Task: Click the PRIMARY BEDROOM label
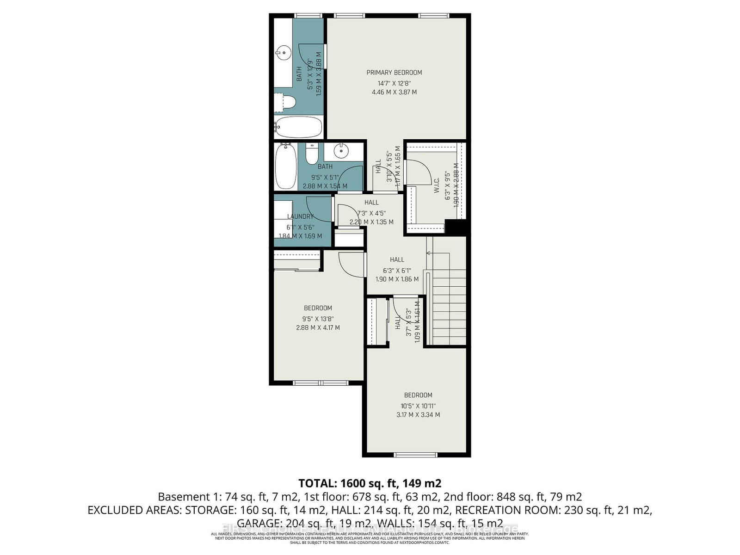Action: pyautogui.click(x=394, y=73)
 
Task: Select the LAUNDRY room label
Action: pyautogui.click(x=300, y=216)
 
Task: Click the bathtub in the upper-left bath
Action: pyautogui.click(x=298, y=126)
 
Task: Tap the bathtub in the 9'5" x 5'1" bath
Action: pyautogui.click(x=285, y=166)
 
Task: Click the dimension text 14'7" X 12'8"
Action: pyautogui.click(x=394, y=83)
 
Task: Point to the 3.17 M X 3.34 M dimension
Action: pyautogui.click(x=418, y=415)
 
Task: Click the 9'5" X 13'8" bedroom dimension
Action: pyautogui.click(x=318, y=319)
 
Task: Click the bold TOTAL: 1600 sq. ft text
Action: pyautogui.click(x=370, y=484)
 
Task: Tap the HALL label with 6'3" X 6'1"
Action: pyautogui.click(x=397, y=259)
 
